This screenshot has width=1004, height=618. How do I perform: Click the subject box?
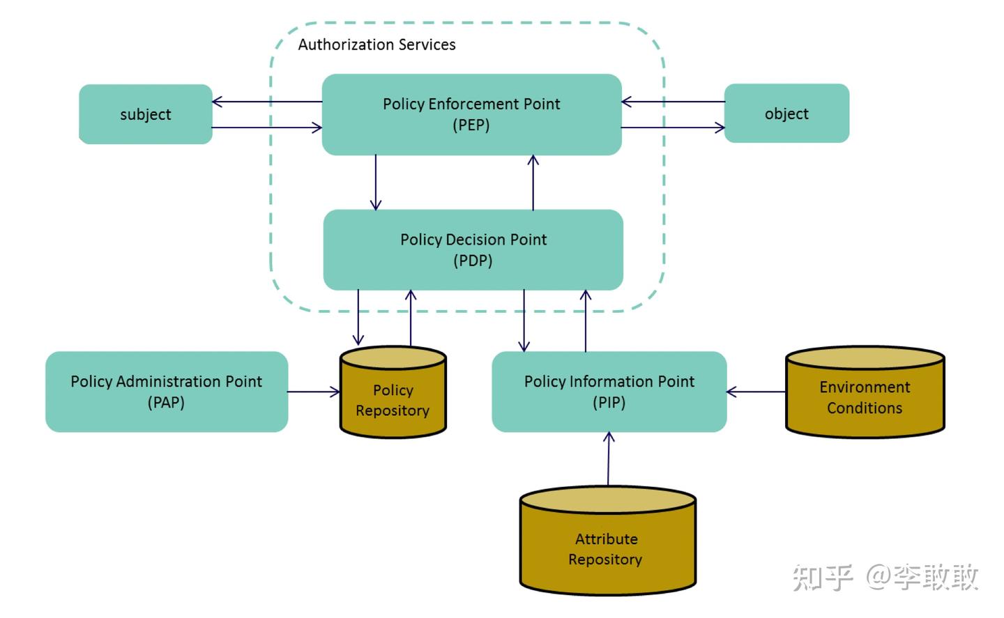click(145, 114)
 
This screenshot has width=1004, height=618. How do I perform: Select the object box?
click(786, 114)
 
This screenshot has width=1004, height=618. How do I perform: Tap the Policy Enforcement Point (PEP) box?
click(471, 114)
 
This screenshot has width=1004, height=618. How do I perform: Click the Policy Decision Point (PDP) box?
click(473, 249)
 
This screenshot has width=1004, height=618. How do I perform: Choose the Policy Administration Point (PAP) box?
click(166, 392)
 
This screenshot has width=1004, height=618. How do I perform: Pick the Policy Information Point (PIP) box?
click(609, 392)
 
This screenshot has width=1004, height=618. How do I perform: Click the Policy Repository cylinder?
click(393, 400)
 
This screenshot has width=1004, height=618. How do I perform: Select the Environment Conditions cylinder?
click(865, 397)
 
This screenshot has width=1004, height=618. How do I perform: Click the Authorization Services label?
click(376, 45)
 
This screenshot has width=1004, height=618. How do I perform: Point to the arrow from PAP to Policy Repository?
click(314, 392)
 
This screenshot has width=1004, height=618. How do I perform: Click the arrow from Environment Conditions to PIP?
click(756, 392)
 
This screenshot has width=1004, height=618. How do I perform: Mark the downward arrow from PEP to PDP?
click(376, 182)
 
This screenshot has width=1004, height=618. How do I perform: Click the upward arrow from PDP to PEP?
click(533, 182)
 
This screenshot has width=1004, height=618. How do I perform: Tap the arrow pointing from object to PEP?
click(673, 102)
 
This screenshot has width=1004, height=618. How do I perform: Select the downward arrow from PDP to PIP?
click(524, 320)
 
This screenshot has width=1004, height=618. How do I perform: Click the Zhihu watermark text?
click(885, 578)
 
